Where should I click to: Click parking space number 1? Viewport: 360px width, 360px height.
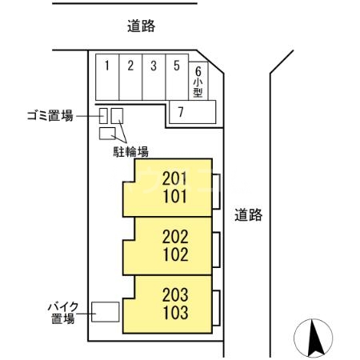click(x=107, y=77)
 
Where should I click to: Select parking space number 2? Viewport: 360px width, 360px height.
click(x=130, y=77)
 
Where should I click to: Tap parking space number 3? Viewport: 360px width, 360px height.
click(x=153, y=77)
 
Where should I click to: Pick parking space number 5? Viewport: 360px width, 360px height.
click(x=176, y=77)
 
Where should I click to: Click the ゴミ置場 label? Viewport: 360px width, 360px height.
click(x=50, y=115)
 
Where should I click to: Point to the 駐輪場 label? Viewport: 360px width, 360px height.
click(x=130, y=150)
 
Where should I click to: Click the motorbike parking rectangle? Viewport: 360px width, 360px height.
click(x=106, y=311)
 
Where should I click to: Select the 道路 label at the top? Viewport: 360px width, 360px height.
click(x=141, y=27)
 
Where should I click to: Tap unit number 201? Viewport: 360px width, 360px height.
click(x=175, y=178)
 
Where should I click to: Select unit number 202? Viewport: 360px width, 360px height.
click(x=175, y=238)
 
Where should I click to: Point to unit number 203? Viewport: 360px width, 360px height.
click(x=175, y=294)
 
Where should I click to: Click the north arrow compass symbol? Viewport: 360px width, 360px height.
click(x=314, y=338)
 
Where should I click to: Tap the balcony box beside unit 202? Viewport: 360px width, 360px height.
click(x=217, y=248)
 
